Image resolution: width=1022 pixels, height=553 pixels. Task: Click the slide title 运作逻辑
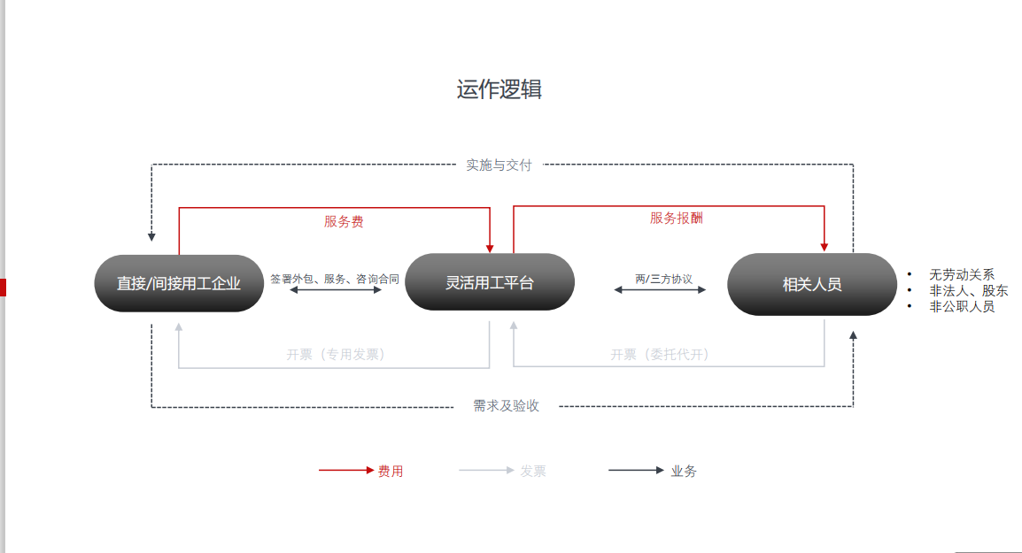coord(499,89)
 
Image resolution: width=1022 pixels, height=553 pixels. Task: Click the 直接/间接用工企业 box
coord(179,283)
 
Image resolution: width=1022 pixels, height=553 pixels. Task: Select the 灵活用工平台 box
coord(490,282)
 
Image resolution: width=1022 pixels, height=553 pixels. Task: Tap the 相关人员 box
coord(811,284)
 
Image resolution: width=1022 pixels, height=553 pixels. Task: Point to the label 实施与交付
coord(499,165)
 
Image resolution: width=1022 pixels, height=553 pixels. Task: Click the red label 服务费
coord(344,221)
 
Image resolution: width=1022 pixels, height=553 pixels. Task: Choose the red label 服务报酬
coord(677,218)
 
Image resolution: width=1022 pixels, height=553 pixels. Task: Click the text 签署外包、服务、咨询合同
coord(335,278)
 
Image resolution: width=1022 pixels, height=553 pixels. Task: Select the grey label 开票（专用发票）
coord(336,354)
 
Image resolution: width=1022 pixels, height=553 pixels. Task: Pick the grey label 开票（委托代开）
coord(660,354)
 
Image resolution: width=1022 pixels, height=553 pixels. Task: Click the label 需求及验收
coord(506,405)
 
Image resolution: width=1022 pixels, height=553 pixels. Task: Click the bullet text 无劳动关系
coord(961,274)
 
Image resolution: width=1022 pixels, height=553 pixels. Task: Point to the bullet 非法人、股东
coord(968,290)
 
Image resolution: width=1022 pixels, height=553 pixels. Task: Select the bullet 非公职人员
coord(961,306)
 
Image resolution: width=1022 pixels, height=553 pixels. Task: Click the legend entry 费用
coord(390,471)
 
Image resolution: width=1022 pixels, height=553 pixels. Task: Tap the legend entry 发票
coord(533,471)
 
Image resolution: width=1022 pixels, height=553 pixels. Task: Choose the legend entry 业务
coord(684,471)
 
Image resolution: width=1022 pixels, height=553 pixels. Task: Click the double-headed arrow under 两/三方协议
coord(660,289)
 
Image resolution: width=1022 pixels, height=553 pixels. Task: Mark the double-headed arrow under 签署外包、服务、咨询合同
coord(336,289)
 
